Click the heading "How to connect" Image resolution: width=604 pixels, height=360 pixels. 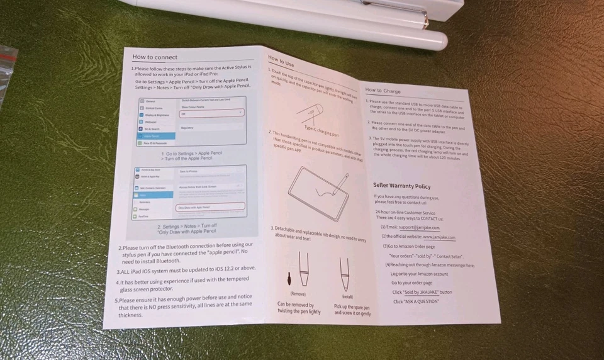click(x=155, y=57)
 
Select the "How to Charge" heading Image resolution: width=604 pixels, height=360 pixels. click(x=383, y=91)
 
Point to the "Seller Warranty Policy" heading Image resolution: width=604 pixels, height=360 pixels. click(x=402, y=186)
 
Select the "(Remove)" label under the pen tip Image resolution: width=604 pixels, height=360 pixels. click(x=299, y=293)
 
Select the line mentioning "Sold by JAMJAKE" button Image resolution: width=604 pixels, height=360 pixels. click(x=422, y=292)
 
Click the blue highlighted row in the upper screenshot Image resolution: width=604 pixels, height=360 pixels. click(x=153, y=135)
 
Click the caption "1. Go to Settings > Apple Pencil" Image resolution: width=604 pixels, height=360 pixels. click(x=193, y=154)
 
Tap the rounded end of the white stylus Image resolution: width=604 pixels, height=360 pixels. click(x=440, y=42)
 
